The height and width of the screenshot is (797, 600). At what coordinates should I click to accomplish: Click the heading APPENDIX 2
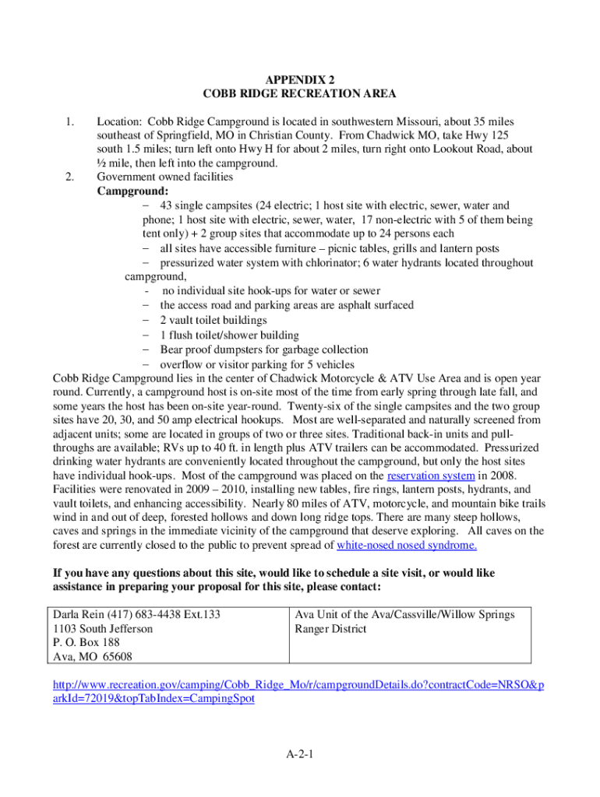point(299,79)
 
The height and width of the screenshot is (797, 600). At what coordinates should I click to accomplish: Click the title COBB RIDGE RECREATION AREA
point(299,94)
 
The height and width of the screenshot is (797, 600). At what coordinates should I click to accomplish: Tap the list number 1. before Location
point(70,122)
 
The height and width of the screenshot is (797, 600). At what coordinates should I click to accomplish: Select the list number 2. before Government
point(70,177)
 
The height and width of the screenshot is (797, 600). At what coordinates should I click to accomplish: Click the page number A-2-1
point(299,754)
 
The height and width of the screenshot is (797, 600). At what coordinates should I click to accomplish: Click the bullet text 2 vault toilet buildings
point(214,320)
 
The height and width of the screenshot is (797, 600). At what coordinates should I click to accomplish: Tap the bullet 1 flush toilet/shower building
point(229,335)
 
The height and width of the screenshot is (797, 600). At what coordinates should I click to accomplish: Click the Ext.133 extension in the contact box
point(199,615)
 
